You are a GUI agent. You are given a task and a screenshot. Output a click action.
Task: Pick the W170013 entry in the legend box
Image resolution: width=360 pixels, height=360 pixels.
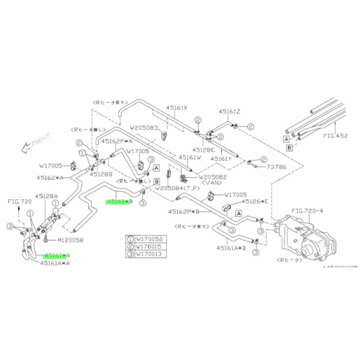pos(150,253)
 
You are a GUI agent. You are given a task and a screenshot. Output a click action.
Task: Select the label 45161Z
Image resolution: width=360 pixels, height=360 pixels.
pos(229,111)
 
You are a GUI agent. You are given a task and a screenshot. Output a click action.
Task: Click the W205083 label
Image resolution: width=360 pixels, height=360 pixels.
pos(143,128)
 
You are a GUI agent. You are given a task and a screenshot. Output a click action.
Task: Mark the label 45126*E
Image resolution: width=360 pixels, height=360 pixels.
pos(256,202)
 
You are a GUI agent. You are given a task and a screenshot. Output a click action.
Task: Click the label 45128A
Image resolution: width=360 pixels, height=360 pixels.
pos(46,195)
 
